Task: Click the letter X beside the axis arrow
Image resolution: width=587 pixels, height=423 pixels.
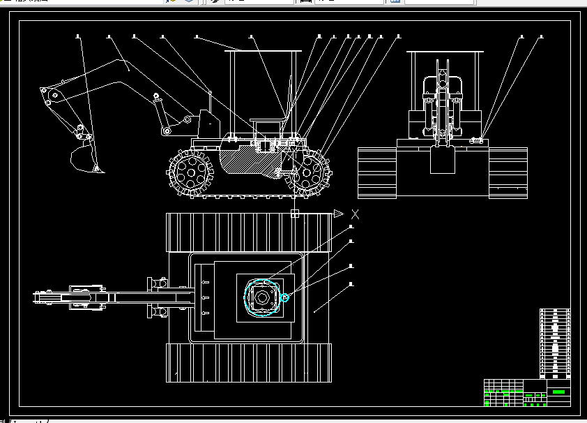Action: pos(356,214)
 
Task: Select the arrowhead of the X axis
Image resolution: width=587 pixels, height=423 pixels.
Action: pos(338,214)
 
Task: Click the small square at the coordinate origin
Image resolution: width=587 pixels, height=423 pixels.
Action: pos(295,214)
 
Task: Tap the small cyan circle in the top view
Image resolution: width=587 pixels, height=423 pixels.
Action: pos(284,298)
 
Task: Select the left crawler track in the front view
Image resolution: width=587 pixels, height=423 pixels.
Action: pos(376,173)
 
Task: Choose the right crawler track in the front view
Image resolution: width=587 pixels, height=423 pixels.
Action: pos(508,173)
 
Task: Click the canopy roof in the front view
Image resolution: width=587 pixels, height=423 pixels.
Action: pos(445,52)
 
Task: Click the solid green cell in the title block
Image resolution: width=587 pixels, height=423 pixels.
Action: pos(558,392)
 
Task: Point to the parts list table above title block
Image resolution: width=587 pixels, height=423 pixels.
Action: pos(555,343)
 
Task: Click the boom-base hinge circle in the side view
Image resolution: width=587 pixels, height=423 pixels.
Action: pos(167,131)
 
